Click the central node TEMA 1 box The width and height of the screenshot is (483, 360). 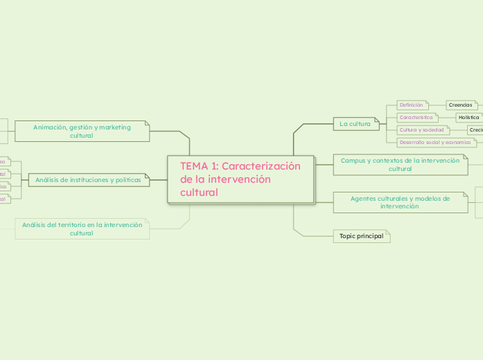240,179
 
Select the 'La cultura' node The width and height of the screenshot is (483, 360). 355,124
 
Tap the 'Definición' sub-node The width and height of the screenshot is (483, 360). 411,105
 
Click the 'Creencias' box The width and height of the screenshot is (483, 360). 461,105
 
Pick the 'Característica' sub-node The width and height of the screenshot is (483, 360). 416,118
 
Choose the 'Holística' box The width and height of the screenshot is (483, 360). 469,118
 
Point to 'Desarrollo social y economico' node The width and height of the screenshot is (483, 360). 435,143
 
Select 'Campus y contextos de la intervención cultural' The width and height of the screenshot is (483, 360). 400,164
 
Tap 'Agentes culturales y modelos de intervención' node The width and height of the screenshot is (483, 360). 400,202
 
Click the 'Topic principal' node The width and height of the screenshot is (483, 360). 361,236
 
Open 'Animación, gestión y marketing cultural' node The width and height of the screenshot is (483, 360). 81,131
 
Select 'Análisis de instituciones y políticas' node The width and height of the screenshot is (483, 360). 88,180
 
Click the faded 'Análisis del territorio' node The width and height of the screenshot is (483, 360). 82,228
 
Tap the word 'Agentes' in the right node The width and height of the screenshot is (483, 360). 364,199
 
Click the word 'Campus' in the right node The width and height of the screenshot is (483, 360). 353,161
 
